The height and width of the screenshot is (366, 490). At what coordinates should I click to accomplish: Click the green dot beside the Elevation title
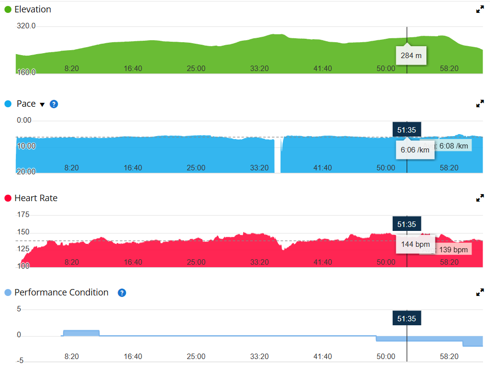pos(7,9)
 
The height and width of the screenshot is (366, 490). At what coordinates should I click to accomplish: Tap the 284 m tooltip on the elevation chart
pos(411,55)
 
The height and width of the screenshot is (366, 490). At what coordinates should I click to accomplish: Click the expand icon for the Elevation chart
pos(480,9)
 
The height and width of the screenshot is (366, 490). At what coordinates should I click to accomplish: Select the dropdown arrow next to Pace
pos(42,104)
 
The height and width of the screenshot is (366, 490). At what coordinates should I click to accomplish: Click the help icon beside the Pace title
pos(54,104)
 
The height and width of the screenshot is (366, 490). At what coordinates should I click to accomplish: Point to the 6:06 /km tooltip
pos(415,150)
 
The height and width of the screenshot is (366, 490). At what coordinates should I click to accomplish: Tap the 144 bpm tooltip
pos(415,244)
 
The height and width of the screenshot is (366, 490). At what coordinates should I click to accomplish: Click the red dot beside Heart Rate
pos(7,198)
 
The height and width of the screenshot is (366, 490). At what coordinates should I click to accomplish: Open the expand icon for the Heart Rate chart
pos(480,198)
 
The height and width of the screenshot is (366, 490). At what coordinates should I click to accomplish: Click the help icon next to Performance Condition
pos(122,293)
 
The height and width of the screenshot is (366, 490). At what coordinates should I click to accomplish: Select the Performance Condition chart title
pos(61,293)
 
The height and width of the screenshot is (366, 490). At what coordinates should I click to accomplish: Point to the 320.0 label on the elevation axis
pos(26,26)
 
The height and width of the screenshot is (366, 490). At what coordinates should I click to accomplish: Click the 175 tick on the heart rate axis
pos(23,215)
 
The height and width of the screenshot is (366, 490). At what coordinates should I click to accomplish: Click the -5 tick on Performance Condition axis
pos(20,361)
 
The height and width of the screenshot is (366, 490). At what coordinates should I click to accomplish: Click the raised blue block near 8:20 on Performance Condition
pos(81,333)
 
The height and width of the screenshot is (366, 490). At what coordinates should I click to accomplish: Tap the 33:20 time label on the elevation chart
pos(259,69)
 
